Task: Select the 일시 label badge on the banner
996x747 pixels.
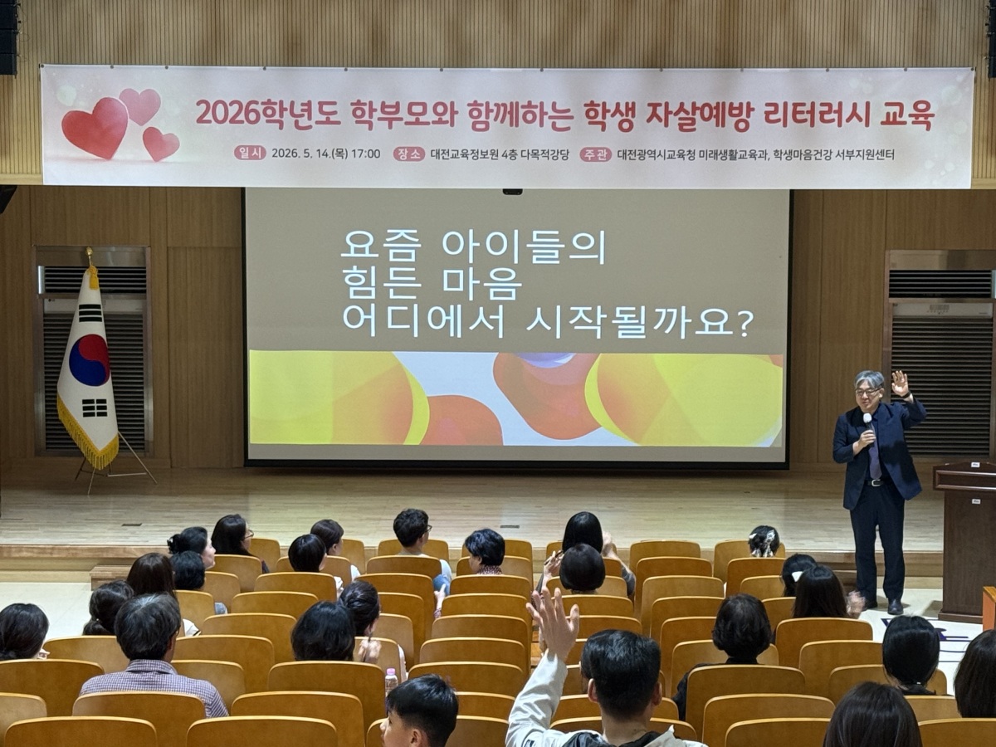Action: (x=250, y=154)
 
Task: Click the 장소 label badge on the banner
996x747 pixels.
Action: (x=409, y=154)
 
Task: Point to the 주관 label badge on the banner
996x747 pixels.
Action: (x=596, y=155)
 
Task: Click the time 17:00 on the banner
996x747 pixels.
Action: (x=365, y=154)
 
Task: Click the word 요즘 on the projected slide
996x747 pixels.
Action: (x=379, y=247)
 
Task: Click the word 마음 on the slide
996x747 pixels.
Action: (x=482, y=286)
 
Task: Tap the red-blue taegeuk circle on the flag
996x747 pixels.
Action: (x=89, y=360)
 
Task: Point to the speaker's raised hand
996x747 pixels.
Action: (x=900, y=383)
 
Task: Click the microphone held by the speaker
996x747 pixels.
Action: (x=868, y=429)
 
